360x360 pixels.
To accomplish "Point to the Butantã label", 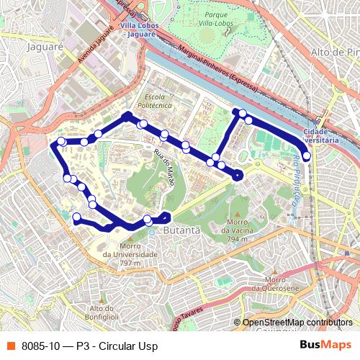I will pos(180,230).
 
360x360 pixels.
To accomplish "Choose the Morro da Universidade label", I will pos(130,258).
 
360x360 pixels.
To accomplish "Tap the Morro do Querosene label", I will pos(282,284).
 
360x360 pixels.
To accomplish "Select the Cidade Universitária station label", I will pos(320,136).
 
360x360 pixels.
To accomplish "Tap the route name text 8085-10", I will pos(40,346).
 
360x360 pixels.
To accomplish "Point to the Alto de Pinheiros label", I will pos(335,52).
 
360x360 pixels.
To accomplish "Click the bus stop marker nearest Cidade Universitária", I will pos(307,156).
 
